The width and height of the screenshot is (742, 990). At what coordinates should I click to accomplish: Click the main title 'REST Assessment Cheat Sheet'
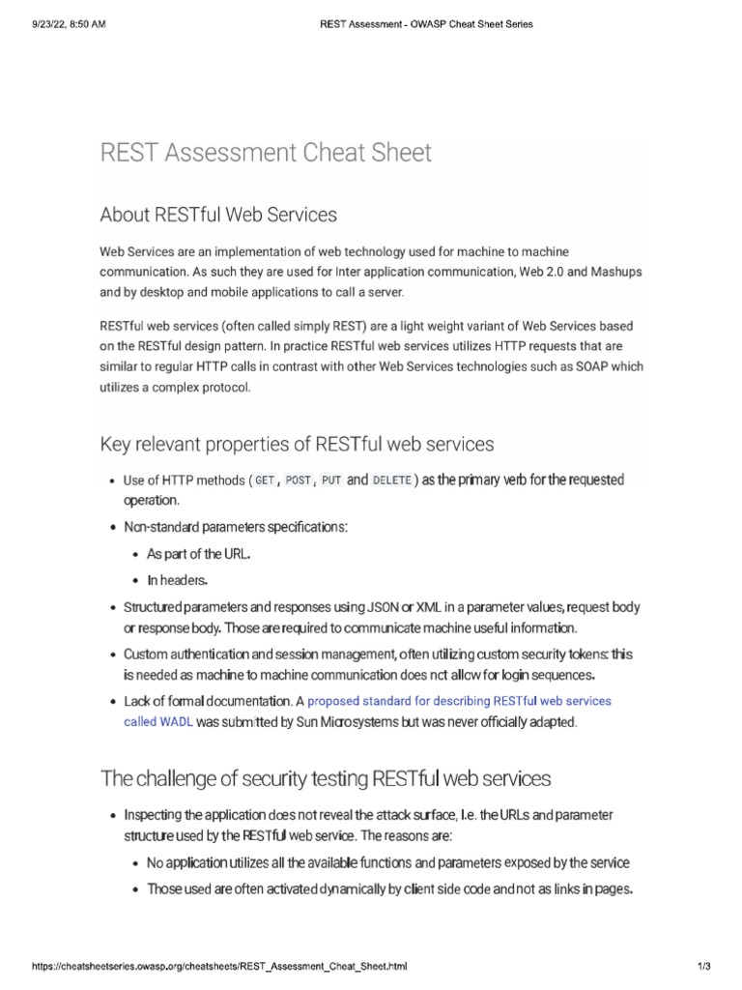point(266,153)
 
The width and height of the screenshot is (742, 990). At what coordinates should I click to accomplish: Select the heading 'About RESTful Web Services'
point(218,214)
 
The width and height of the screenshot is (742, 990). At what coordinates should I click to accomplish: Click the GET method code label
point(265,480)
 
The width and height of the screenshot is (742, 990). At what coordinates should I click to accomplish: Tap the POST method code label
point(298,480)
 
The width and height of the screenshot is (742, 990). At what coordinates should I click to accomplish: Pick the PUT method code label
point(331,480)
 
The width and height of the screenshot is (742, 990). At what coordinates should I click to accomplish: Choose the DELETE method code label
point(391,480)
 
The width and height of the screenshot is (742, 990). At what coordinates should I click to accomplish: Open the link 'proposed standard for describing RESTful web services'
point(459,700)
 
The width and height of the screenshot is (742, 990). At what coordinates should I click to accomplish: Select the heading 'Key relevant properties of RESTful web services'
point(297,445)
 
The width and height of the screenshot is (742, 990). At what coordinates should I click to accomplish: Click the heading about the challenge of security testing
point(326,778)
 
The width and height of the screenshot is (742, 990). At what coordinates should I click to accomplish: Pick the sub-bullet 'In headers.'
point(177,580)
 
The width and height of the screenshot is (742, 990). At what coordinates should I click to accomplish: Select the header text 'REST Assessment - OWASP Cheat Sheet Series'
point(425,24)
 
